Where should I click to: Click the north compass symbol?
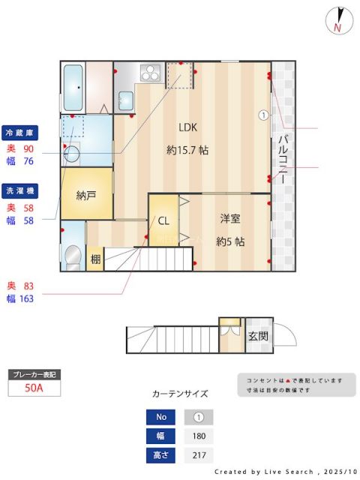point(339,21)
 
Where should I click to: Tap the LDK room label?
point(187,127)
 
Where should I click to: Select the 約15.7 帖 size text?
point(187,150)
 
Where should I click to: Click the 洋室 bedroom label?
point(230,218)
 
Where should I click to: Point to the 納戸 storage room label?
point(86,195)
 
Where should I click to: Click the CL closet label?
point(163,220)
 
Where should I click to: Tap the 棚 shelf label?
point(95,259)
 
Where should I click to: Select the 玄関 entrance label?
point(258,335)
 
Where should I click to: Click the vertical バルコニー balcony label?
point(283,159)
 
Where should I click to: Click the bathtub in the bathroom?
point(73,87)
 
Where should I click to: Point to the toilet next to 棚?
point(72,256)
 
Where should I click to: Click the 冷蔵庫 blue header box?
point(20,132)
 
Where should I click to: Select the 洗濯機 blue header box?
point(20,190)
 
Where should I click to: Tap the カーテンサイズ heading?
point(180,393)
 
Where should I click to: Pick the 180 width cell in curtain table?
point(199,436)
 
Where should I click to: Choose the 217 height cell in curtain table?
point(199,455)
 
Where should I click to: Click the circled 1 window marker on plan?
point(263,115)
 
